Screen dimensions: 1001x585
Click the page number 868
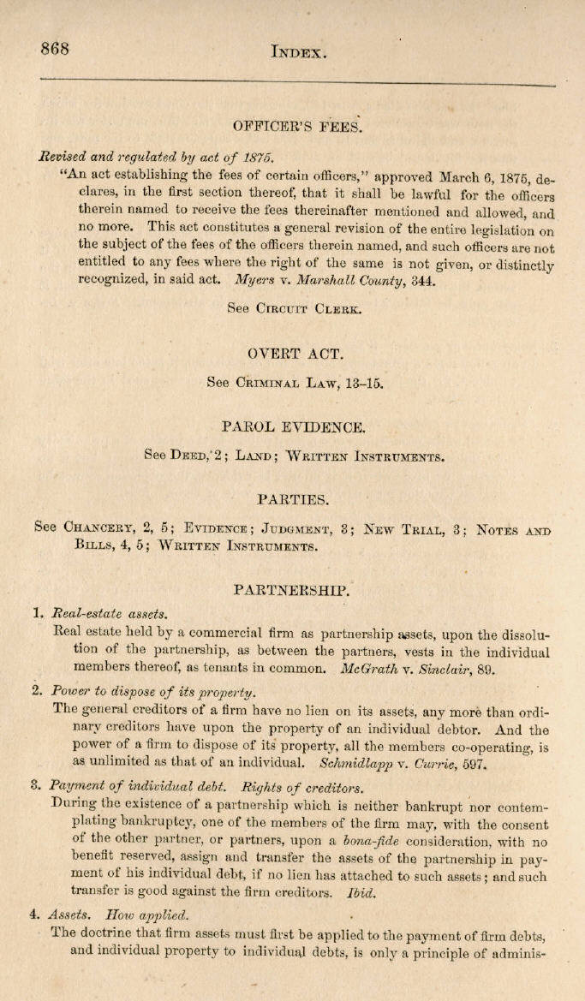pos(55,49)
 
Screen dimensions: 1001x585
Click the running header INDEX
pos(299,52)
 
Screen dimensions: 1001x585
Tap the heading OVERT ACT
pos(295,353)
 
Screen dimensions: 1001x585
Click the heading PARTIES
pos(294,498)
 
